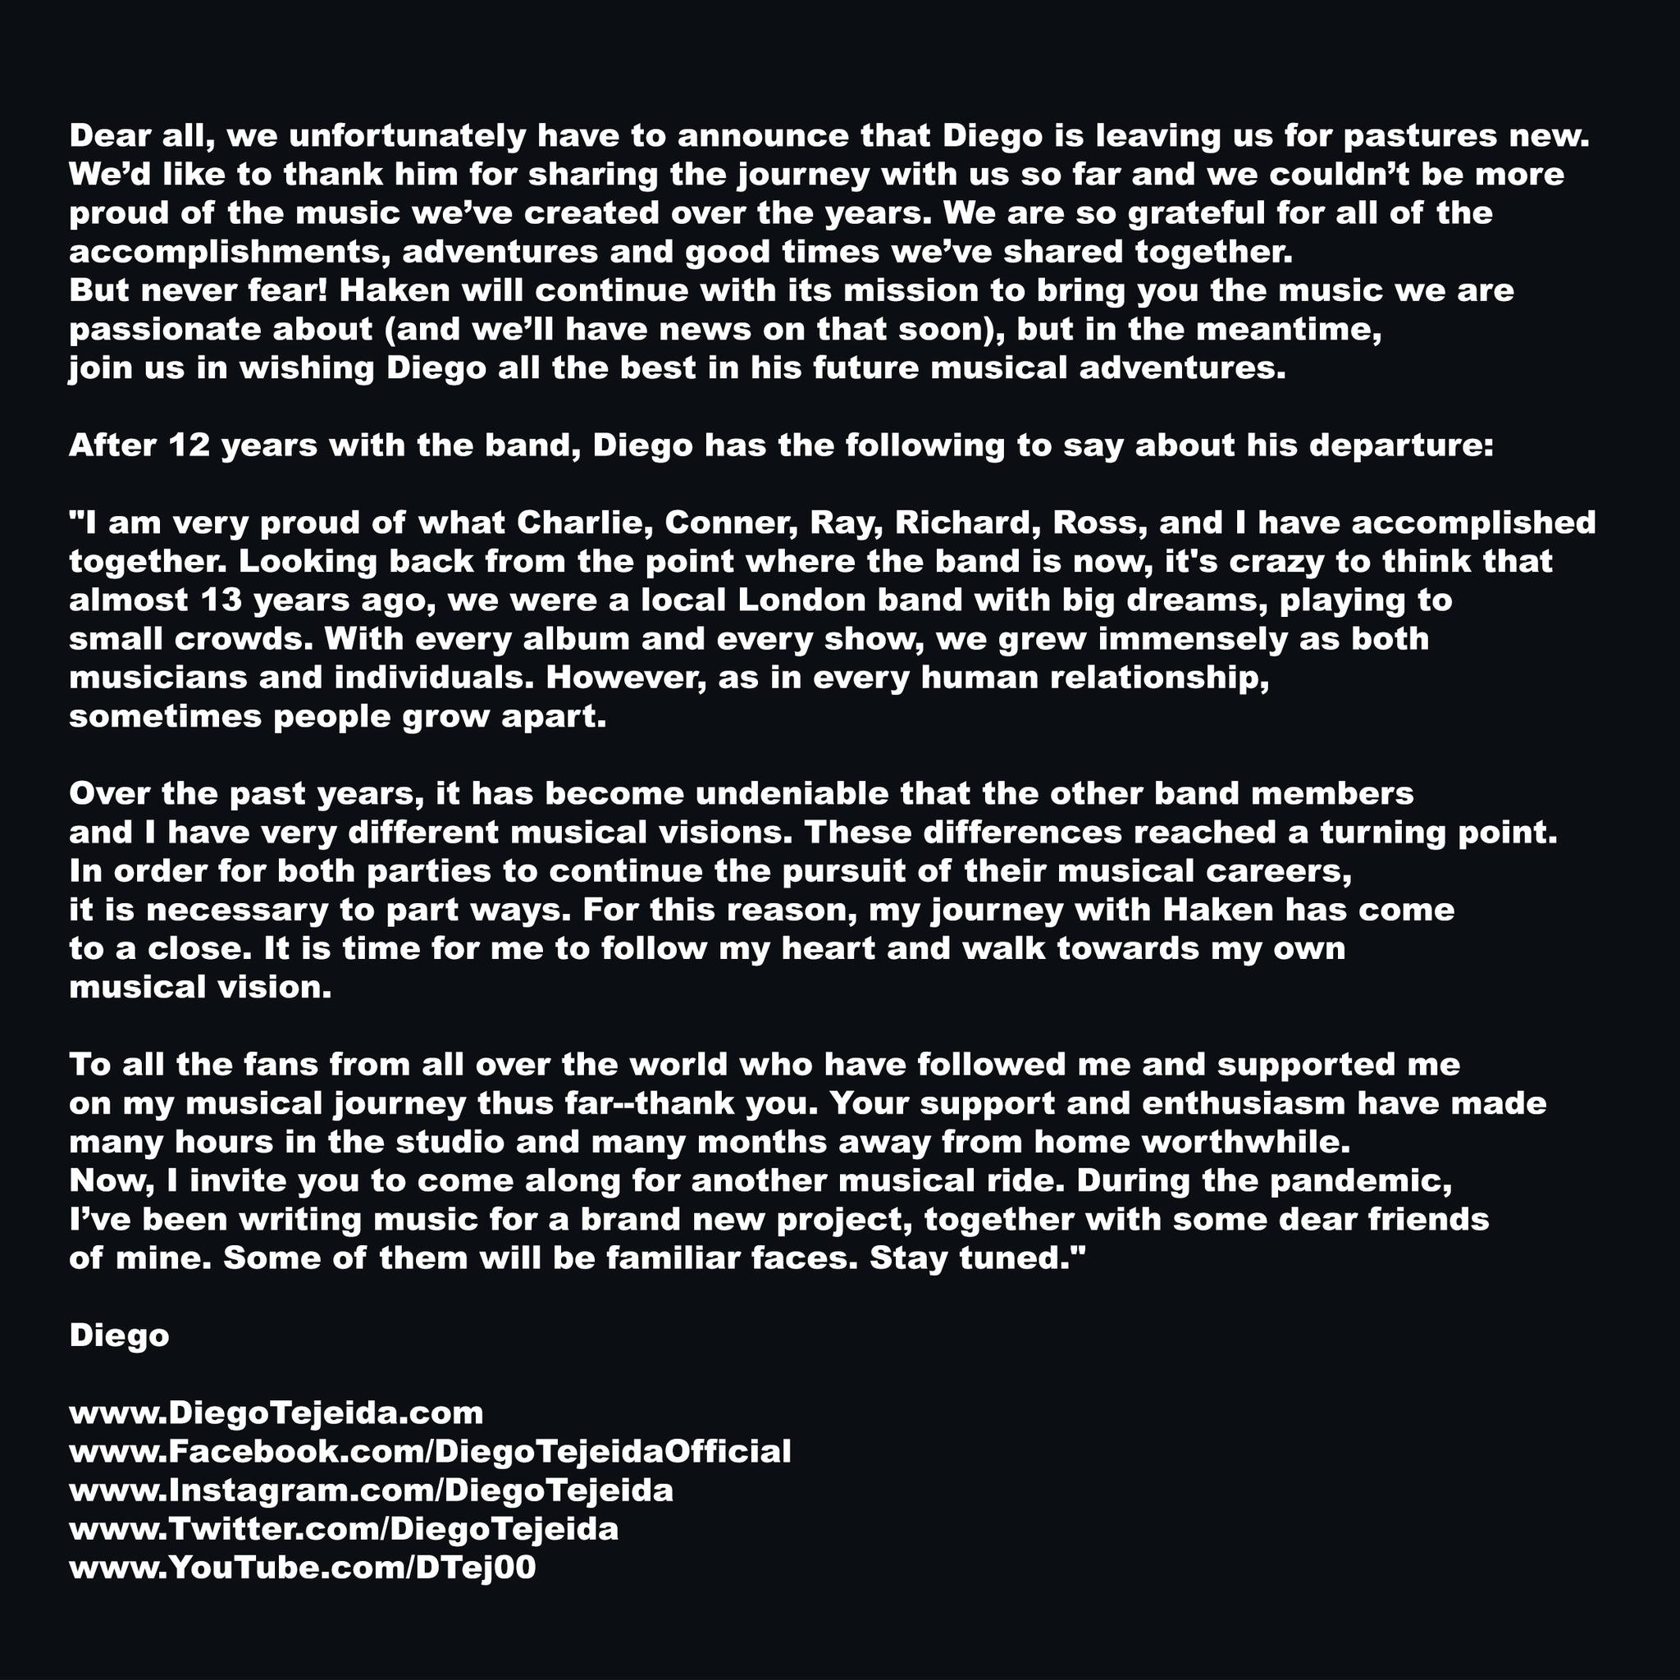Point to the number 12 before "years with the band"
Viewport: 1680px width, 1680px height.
189,445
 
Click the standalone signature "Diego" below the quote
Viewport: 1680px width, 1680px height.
119,1335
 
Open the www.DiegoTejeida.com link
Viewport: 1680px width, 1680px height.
276,1413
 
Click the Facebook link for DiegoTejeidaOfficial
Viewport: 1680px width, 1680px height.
430,1451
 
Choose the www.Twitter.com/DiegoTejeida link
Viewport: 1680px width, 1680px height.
344,1529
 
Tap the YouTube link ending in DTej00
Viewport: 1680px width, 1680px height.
302,1568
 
